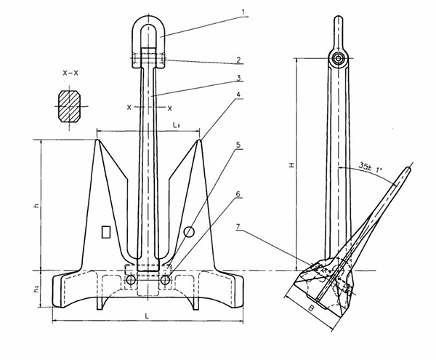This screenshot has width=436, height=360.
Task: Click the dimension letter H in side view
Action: pyautogui.click(x=291, y=166)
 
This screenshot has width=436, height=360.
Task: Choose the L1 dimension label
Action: pyautogui.click(x=178, y=126)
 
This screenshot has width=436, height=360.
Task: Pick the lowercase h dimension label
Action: pyautogui.click(x=36, y=207)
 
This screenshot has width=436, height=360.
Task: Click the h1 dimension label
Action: pyautogui.click(x=36, y=290)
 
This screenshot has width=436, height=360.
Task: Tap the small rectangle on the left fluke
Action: pyautogui.click(x=105, y=231)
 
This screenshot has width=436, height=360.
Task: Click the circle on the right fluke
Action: pyautogui.click(x=189, y=231)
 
